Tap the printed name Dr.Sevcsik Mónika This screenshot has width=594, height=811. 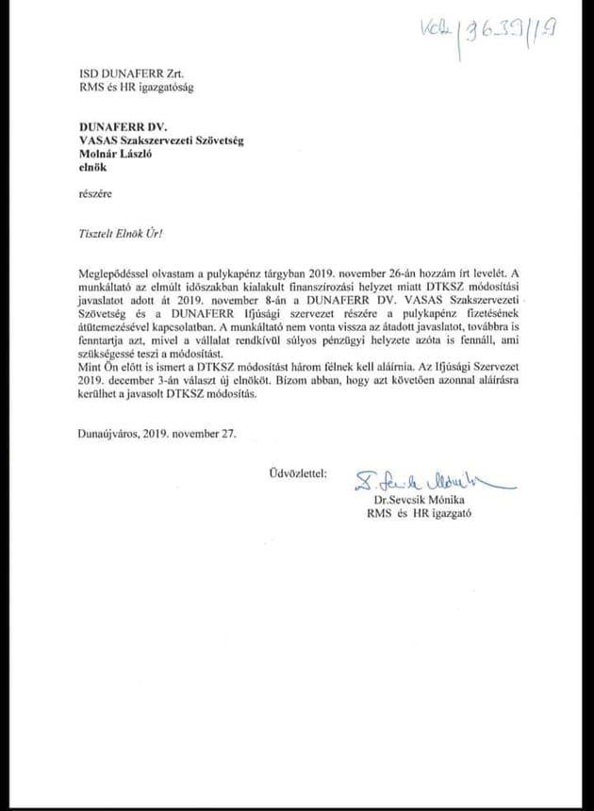click(x=421, y=500)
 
